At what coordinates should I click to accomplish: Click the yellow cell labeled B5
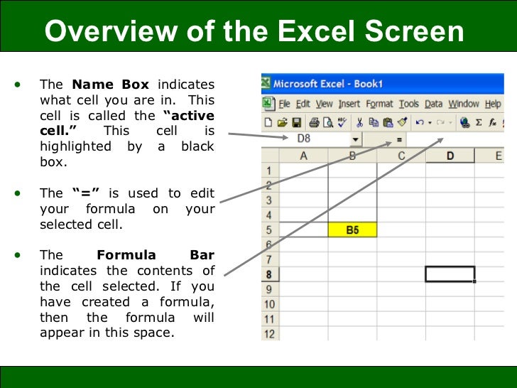pos(352,230)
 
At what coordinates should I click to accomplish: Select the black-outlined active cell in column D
pos(450,274)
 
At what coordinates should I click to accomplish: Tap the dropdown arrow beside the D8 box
pos(354,139)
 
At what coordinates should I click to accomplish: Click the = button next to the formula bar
pos(398,139)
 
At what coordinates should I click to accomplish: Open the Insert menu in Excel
pos(349,104)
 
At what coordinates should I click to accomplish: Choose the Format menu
pos(379,104)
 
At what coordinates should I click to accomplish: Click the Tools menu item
pos(409,104)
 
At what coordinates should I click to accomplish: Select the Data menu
pos(433,104)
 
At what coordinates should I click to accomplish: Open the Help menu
pos(493,104)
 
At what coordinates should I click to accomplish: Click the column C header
pos(401,156)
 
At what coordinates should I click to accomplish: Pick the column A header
pos(304,156)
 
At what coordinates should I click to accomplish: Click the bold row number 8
pos(269,274)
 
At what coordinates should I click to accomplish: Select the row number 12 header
pos(269,333)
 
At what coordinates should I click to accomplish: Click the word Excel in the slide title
pos(317,31)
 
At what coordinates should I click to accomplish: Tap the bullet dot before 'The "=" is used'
pos(16,193)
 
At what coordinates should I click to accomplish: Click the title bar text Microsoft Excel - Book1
pos(328,84)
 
